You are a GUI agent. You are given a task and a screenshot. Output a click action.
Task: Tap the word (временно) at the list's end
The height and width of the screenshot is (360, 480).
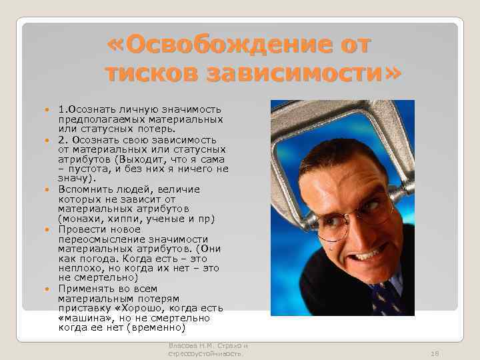click(158, 328)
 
